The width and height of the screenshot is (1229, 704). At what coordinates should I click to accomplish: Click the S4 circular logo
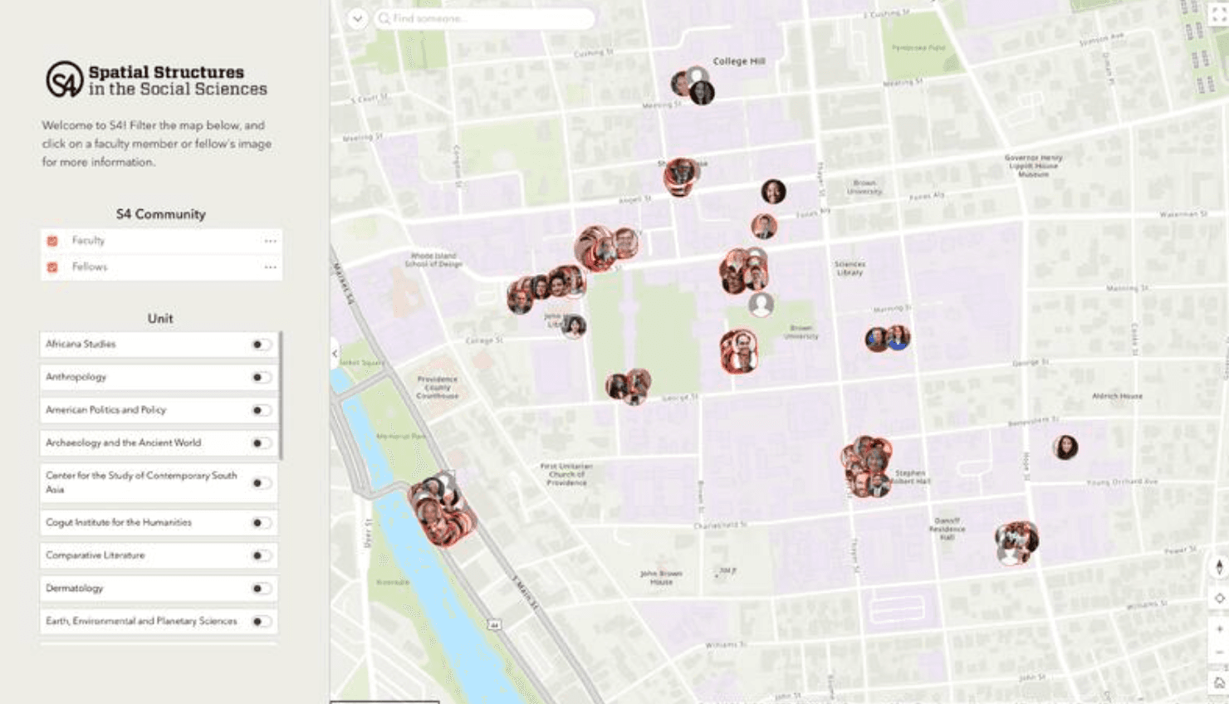(64, 80)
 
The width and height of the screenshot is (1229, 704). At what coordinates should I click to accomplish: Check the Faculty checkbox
(52, 241)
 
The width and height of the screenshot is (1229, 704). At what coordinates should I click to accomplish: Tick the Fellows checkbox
(52, 267)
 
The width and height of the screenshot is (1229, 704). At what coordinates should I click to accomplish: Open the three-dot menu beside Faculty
(270, 241)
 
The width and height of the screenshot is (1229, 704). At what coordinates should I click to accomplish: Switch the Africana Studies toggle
(261, 345)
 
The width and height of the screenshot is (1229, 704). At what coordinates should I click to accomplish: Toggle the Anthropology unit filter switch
(261, 378)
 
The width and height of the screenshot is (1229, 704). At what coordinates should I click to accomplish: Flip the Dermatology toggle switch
(261, 589)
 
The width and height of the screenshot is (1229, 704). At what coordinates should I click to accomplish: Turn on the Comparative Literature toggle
(261, 555)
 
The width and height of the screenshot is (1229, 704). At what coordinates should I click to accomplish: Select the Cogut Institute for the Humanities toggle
(261, 523)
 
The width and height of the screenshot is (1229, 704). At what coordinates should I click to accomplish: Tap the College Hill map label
(738, 61)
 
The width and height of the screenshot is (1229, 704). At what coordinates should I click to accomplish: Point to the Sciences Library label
(850, 268)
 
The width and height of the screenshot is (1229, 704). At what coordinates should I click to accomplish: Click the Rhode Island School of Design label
(433, 260)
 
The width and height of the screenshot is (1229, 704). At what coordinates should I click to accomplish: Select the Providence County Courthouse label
(437, 387)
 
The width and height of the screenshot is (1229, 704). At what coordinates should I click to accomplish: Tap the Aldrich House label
(1117, 396)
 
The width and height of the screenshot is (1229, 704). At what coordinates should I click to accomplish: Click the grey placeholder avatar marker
(761, 304)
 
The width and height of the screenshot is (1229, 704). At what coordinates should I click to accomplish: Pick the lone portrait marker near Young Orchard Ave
(1065, 447)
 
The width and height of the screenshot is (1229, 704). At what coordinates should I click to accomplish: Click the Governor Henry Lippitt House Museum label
(1033, 165)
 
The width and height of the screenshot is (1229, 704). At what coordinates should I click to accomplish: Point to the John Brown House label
(661, 577)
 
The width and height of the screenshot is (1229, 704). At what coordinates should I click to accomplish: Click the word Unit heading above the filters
(160, 319)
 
